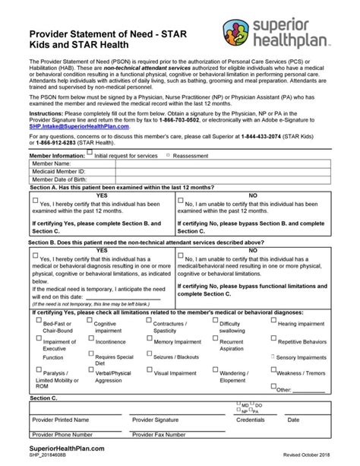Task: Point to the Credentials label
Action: [251, 419]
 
